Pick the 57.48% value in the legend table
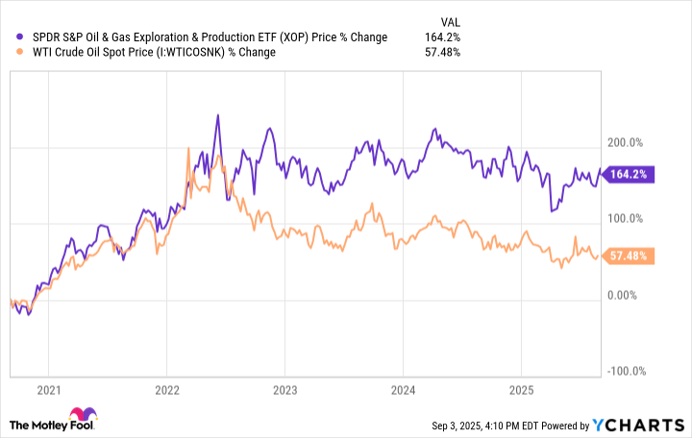click(x=442, y=52)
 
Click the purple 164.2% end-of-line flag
click(x=629, y=174)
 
